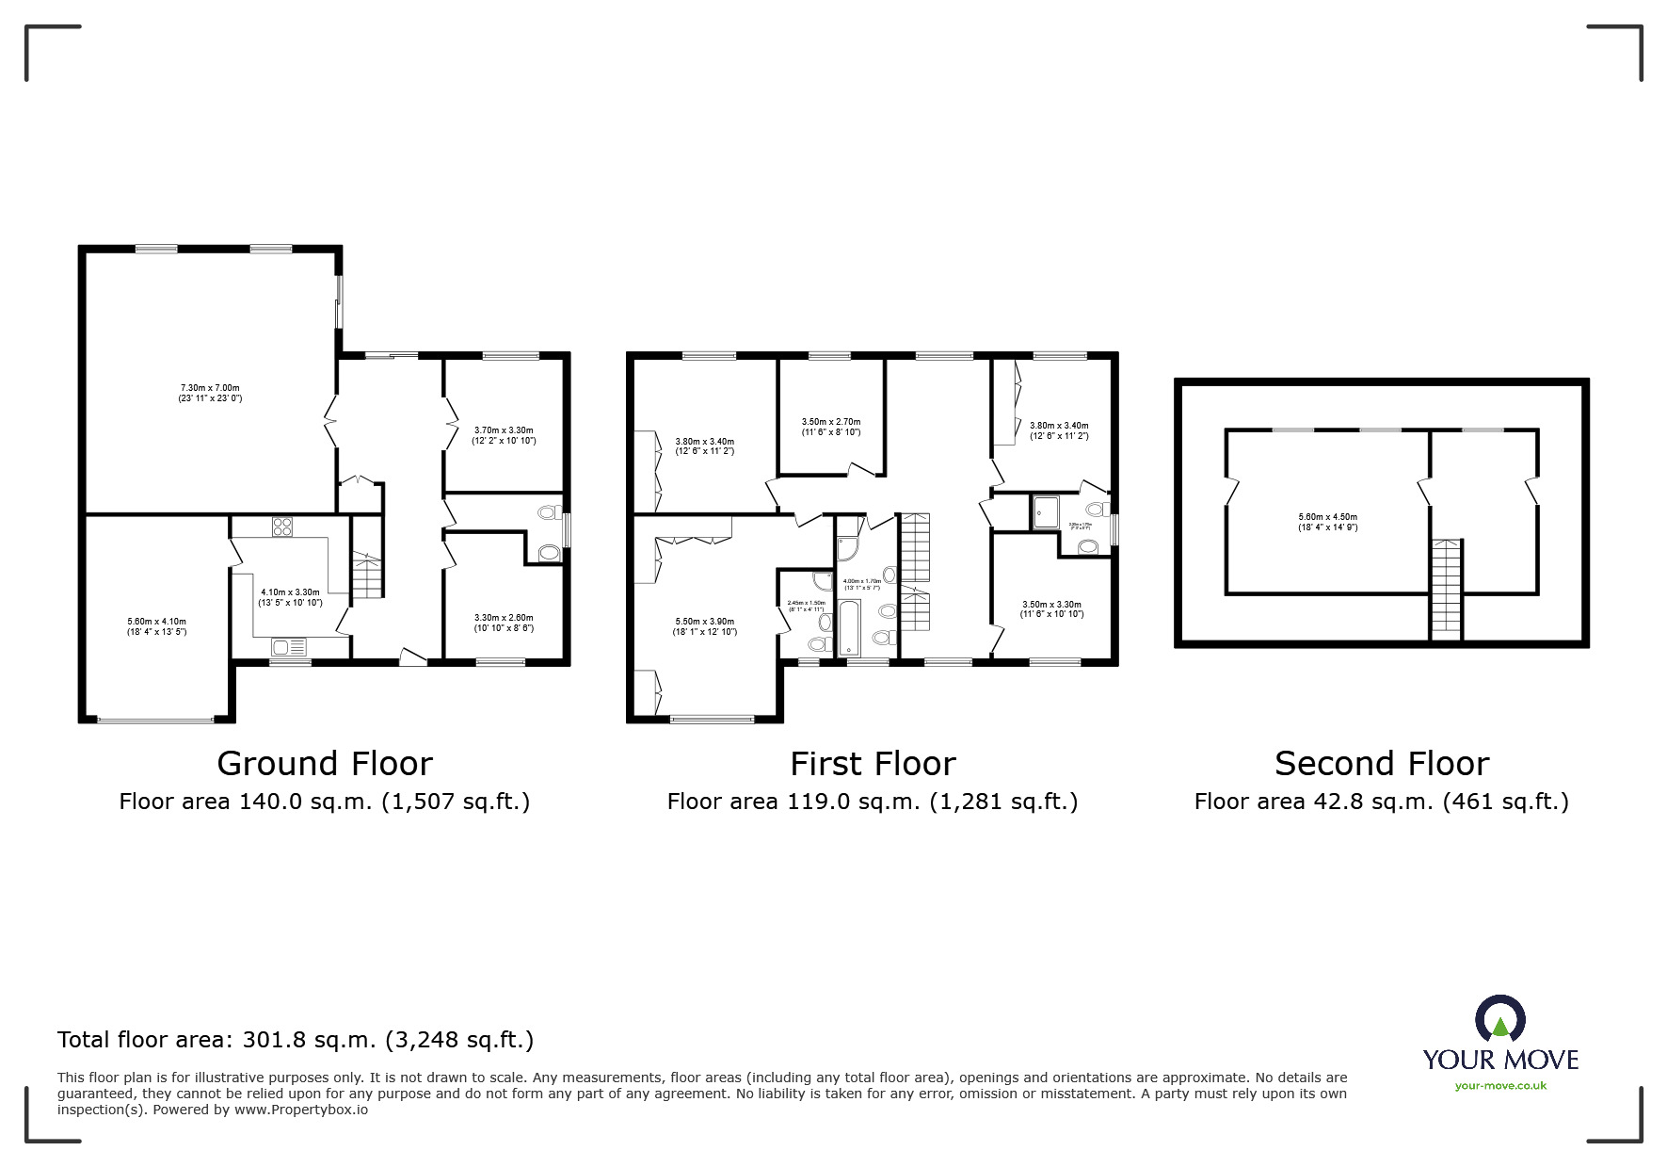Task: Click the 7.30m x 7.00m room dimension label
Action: [210, 393]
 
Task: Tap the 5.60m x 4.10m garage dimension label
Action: [157, 626]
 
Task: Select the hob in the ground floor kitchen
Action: [282, 527]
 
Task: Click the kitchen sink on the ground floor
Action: [289, 646]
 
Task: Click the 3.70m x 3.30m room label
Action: [504, 435]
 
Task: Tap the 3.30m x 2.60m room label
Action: [504, 623]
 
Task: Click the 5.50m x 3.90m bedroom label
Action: [705, 626]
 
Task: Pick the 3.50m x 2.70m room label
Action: [831, 427]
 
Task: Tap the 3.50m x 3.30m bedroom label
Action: [1051, 609]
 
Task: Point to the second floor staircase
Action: [1447, 589]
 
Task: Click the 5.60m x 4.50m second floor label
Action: [1328, 522]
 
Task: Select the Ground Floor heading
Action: [325, 763]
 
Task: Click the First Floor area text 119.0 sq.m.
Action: [873, 802]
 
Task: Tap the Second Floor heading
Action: [1382, 763]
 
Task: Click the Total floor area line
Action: [296, 1040]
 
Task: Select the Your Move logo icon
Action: [1499, 1019]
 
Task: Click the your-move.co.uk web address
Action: [1500, 1086]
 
